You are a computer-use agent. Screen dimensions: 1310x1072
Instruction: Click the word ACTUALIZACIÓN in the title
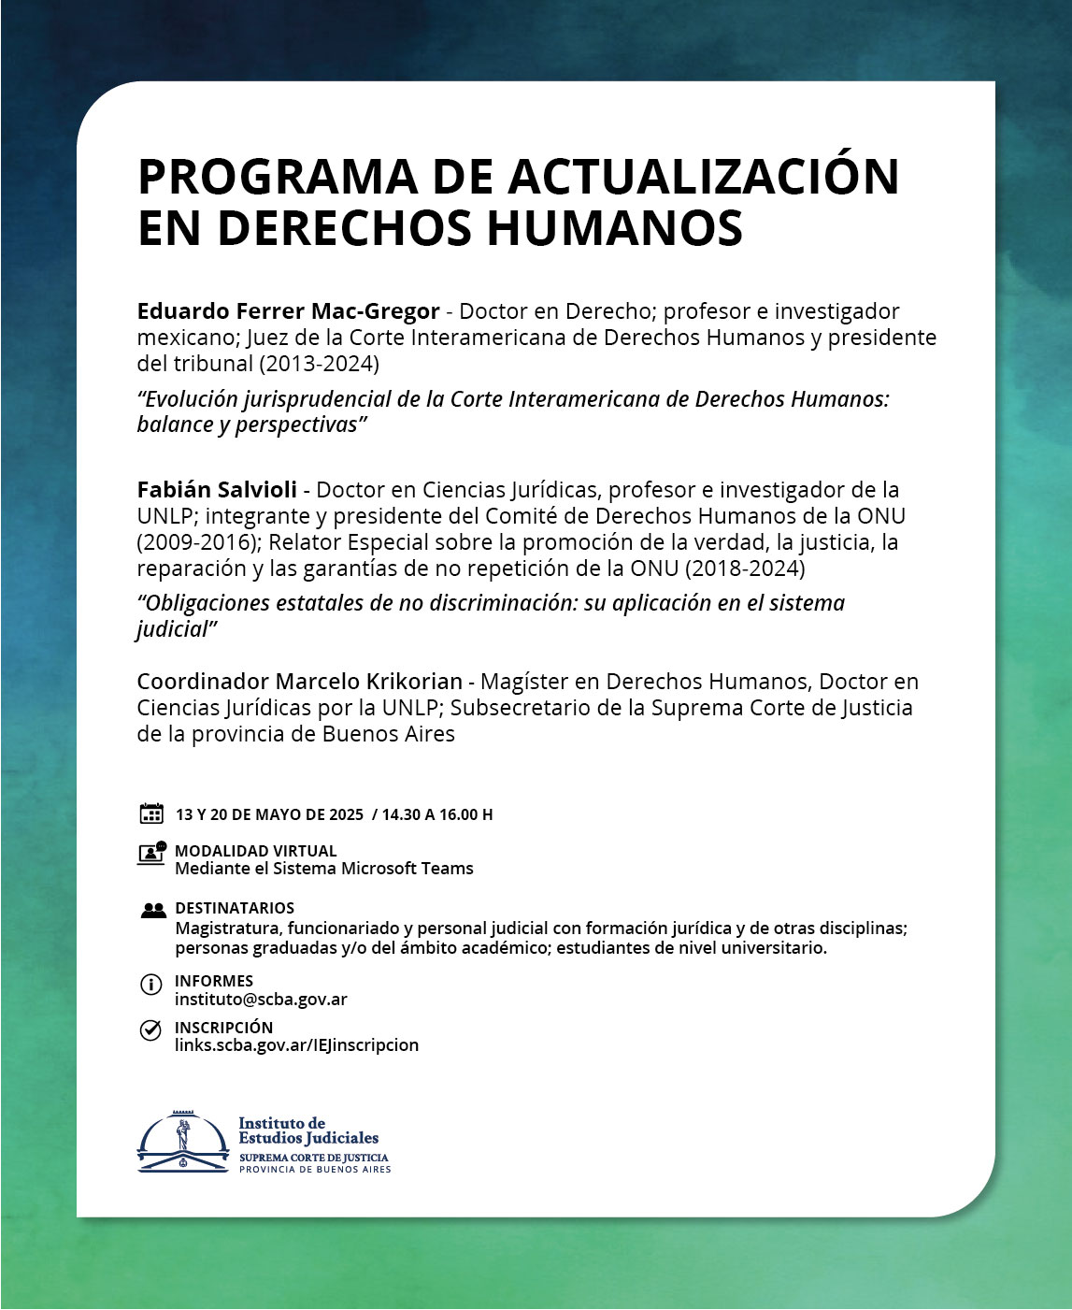tap(703, 177)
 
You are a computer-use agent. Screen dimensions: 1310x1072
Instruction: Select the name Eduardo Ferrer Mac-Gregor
tap(288, 311)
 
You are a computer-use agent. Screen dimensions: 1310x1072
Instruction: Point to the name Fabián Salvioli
tap(217, 490)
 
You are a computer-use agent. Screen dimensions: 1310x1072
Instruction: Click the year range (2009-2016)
tap(196, 542)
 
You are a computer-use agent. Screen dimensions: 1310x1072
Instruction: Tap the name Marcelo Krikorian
tap(369, 682)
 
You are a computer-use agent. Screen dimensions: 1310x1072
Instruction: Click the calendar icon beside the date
tap(151, 813)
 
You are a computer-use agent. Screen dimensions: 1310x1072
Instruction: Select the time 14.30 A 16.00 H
tap(436, 814)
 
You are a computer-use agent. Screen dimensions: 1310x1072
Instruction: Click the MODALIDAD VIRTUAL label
tap(256, 851)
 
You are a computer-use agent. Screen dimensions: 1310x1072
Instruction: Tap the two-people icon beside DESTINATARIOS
tap(152, 909)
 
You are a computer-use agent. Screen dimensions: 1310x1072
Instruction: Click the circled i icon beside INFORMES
tap(150, 985)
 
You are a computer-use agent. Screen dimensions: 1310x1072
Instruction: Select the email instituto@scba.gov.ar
tap(261, 1000)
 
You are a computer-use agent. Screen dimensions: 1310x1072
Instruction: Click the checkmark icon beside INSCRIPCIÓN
tap(150, 1030)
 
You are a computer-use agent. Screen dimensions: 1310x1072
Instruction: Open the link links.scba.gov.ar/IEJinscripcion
tap(296, 1045)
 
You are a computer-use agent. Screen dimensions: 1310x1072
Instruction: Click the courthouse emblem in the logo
tap(182, 1143)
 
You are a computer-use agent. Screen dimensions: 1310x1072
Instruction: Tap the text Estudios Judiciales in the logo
tap(308, 1139)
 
